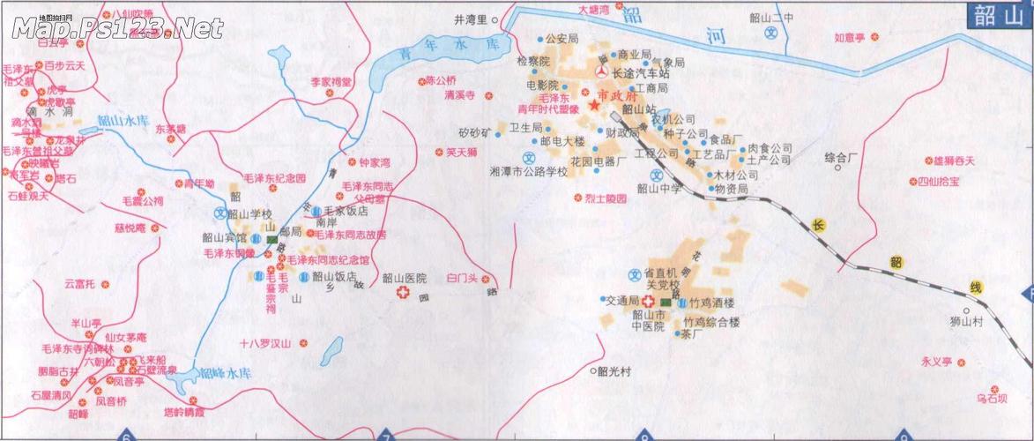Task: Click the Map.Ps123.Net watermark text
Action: click(117, 28)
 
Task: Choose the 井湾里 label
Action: click(470, 19)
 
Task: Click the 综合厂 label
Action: click(842, 158)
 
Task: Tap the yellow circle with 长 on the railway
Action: click(817, 226)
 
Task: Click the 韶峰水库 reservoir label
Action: click(227, 373)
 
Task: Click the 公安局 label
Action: click(561, 39)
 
